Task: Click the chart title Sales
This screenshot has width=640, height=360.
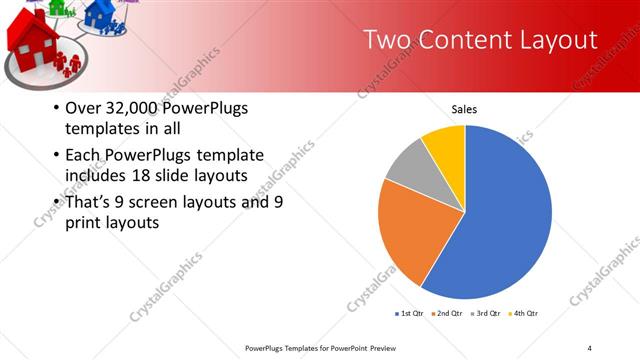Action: click(465, 108)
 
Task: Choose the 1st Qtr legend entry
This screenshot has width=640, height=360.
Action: click(410, 314)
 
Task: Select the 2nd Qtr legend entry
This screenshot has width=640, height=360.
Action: click(446, 314)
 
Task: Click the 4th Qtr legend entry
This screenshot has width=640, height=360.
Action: click(523, 314)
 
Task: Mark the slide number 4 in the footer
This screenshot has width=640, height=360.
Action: click(589, 347)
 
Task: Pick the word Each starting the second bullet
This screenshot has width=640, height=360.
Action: click(84, 155)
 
